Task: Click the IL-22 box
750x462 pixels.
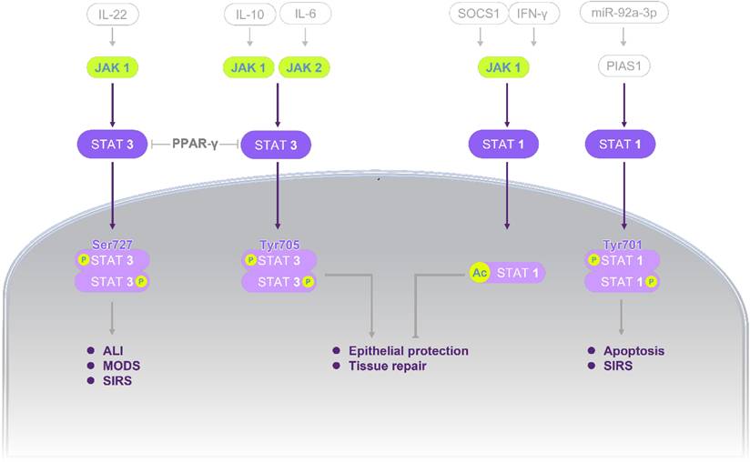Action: [112, 15]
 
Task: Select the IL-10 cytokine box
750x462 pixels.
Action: [249, 15]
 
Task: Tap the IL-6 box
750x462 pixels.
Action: [304, 15]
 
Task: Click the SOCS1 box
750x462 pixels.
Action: [477, 15]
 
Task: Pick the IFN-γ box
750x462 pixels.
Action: [532, 15]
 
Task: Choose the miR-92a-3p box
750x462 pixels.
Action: [622, 15]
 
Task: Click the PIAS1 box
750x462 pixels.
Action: [623, 66]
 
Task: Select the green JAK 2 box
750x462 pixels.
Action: [304, 66]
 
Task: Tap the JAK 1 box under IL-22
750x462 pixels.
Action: [112, 66]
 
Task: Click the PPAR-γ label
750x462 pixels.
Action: [194, 145]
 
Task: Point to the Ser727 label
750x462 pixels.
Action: [112, 245]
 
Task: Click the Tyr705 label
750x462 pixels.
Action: [277, 245]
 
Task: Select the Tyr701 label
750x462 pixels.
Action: [623, 245]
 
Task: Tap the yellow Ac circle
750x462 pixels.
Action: [480, 271]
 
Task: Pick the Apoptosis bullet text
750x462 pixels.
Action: [633, 350]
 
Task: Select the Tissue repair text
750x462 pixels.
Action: [387, 366]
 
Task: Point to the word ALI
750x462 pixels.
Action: [113, 350]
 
